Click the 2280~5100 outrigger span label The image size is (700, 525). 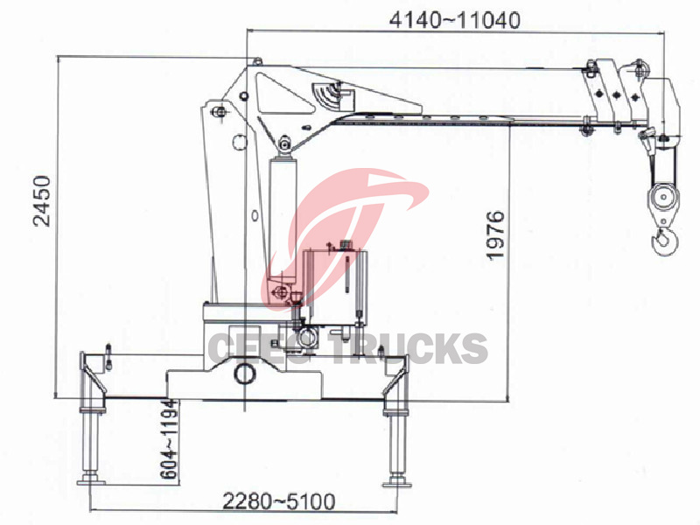[278, 501]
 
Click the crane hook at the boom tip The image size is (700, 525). [665, 238]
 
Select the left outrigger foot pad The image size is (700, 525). [90, 479]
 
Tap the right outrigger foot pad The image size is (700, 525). [396, 479]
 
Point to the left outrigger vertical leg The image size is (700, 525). [89, 442]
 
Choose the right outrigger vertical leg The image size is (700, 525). [395, 442]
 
